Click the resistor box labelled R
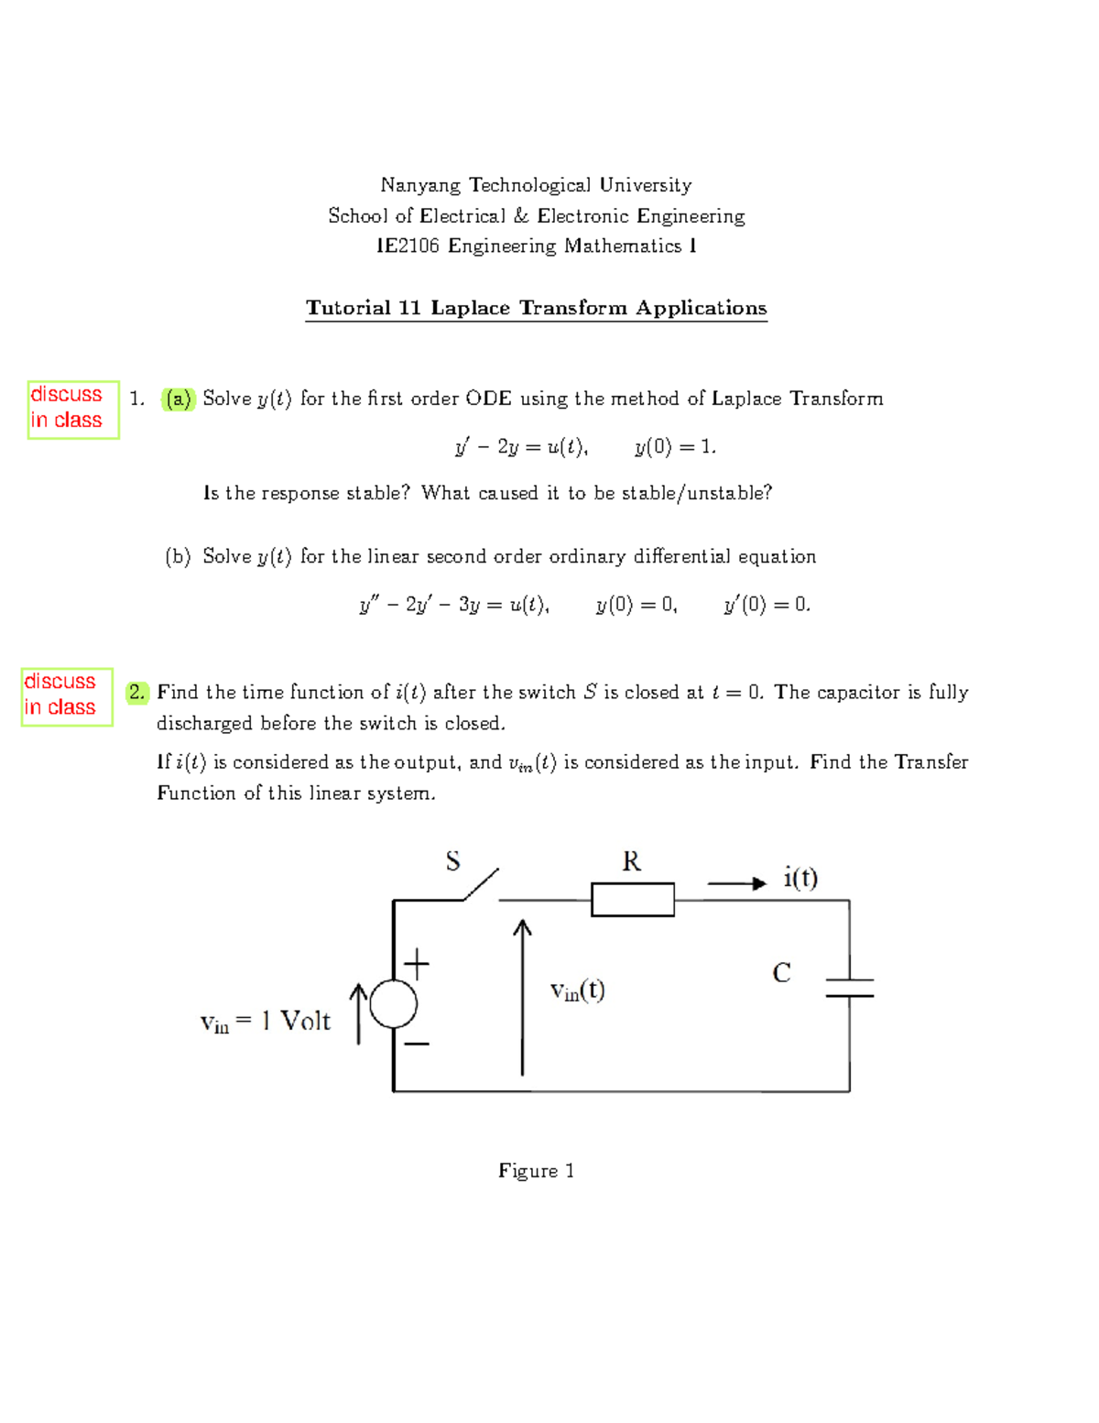[633, 899]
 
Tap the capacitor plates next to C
[849, 988]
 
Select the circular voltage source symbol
[394, 1003]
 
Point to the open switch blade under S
[482, 884]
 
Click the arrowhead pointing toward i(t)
[758, 883]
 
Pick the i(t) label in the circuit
[800, 878]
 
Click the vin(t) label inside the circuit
[577, 991]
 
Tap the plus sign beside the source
[417, 963]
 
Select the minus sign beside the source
[417, 1044]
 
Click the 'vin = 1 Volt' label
[266, 1022]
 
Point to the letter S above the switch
[452, 861]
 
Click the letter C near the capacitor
[781, 972]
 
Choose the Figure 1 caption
[536, 1170]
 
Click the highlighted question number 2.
[137, 692]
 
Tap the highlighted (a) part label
[179, 399]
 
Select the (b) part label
[178, 556]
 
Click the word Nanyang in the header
[420, 185]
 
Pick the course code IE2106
[408, 246]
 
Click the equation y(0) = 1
[675, 447]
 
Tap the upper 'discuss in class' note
[72, 409]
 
